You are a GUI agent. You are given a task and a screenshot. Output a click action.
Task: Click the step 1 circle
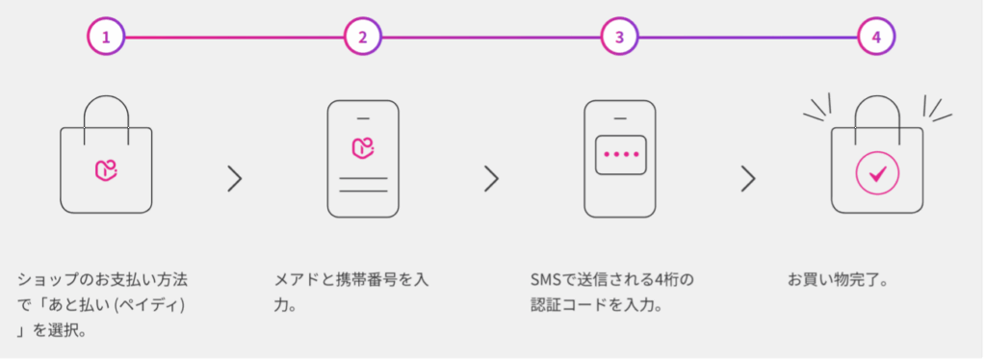(106, 38)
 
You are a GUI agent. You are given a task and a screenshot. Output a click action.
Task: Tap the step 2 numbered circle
(363, 38)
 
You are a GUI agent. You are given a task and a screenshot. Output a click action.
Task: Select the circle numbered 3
(619, 38)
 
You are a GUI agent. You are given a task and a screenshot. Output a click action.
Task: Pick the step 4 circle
(876, 38)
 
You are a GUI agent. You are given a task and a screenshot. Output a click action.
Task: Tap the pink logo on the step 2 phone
(362, 147)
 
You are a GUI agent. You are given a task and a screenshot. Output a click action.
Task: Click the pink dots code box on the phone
(619, 154)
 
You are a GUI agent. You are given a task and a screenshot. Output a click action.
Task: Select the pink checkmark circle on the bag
(876, 174)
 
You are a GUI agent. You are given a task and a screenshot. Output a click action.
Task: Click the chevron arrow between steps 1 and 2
(234, 178)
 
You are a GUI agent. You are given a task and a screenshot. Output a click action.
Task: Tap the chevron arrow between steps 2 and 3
(491, 178)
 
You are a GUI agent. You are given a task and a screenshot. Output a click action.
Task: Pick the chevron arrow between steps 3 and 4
(748, 178)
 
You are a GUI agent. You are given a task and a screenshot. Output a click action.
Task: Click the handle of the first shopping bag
(106, 106)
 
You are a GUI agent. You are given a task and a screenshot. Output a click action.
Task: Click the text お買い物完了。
(838, 282)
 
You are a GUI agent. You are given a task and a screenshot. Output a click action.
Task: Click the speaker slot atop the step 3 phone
(619, 118)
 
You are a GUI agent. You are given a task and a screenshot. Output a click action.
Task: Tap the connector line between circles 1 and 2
(234, 38)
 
